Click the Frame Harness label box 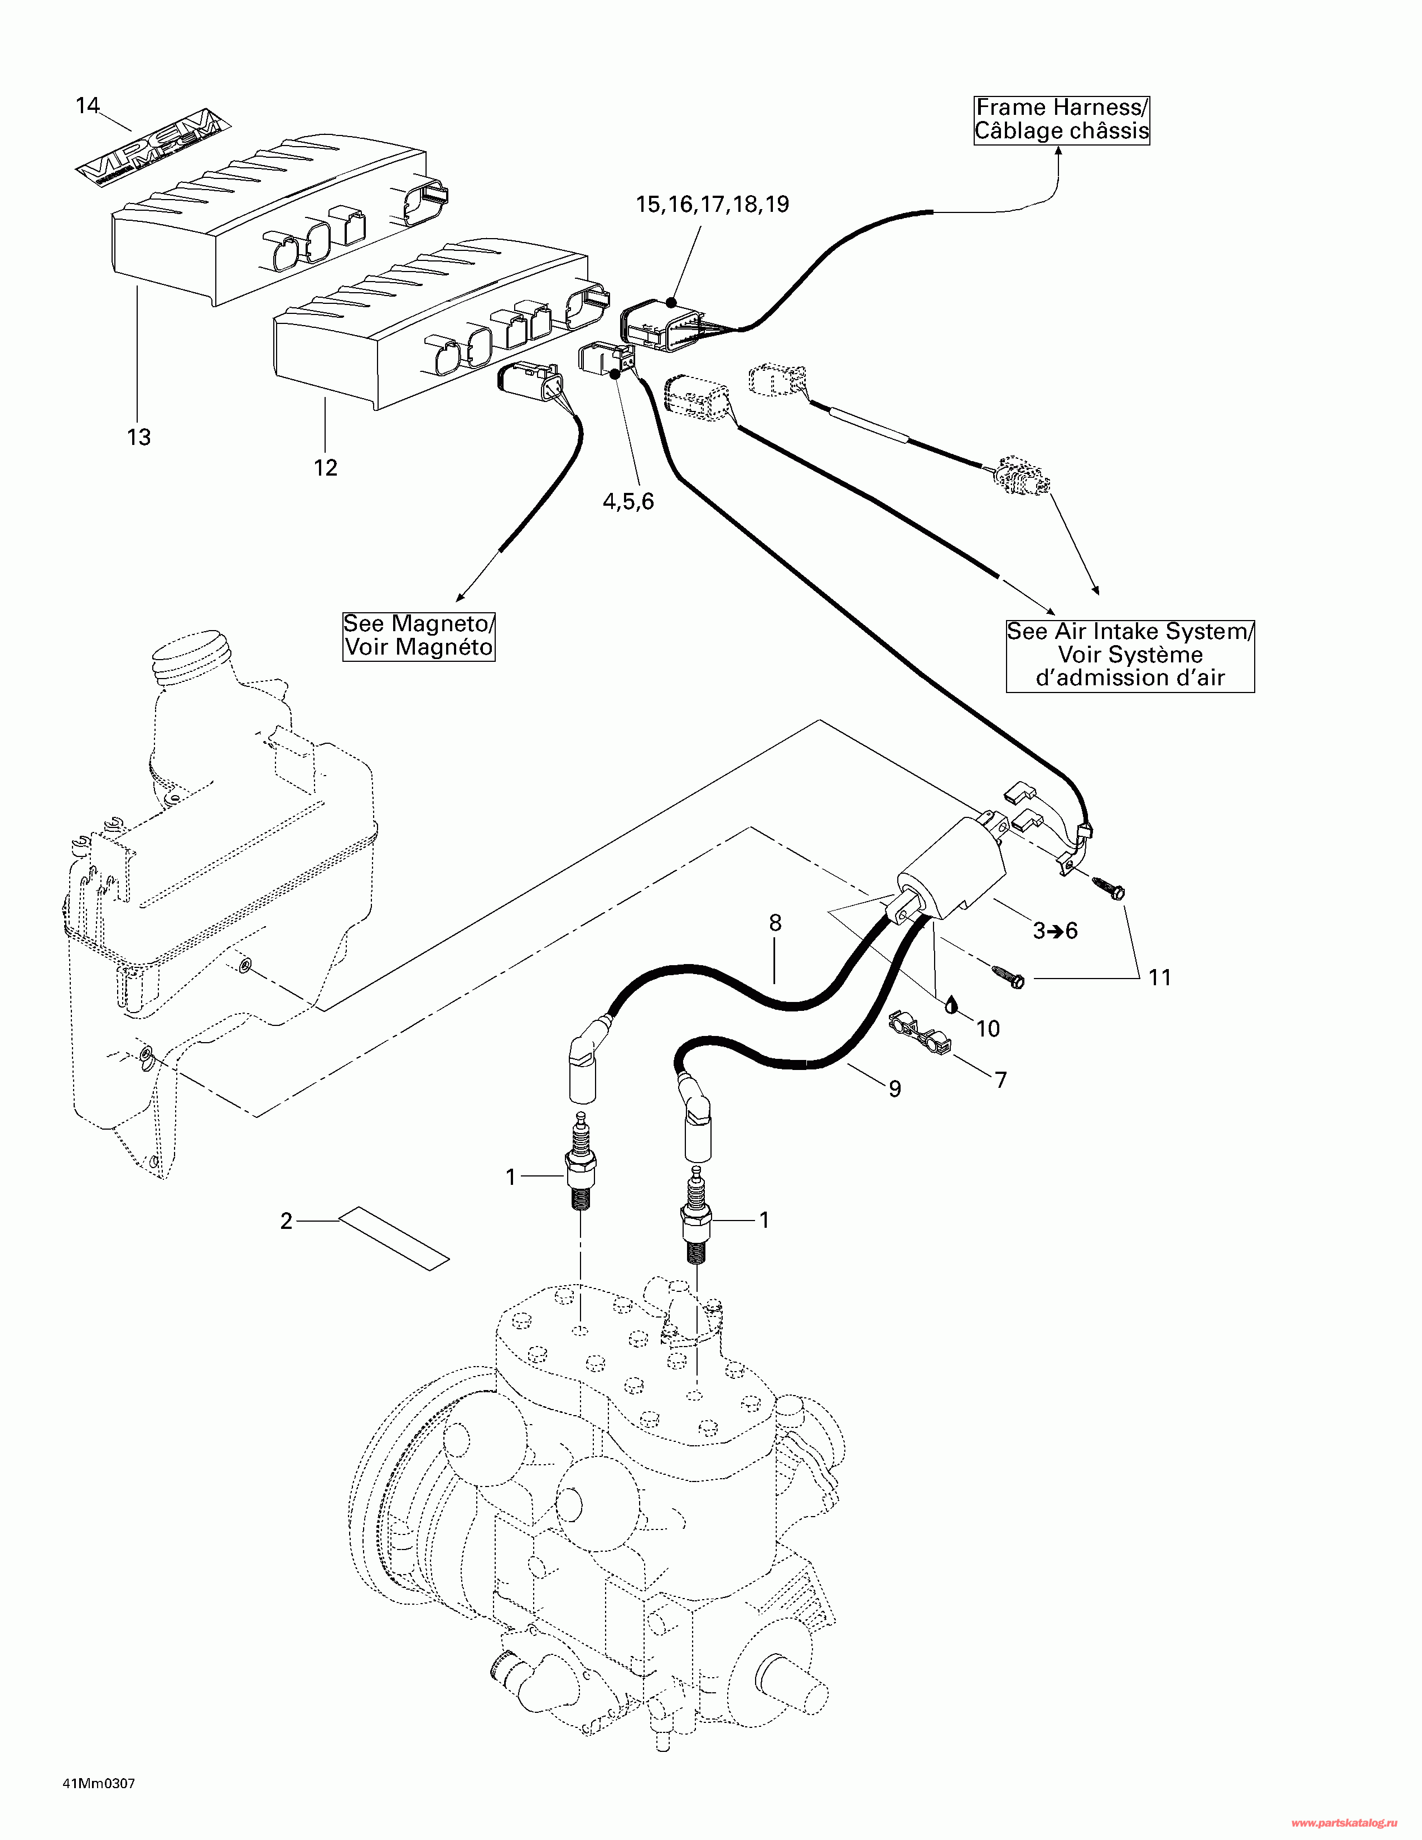tap(1061, 120)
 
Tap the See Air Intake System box tap(1130, 655)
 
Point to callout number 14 tap(88, 105)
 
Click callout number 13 tap(139, 437)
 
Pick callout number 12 tap(326, 468)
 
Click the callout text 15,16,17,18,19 tap(712, 205)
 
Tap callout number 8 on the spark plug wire tap(775, 923)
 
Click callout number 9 tap(894, 1090)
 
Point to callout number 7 tap(1001, 1080)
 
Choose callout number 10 tap(988, 1029)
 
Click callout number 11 tap(1160, 977)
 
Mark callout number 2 tap(287, 1221)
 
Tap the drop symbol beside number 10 tap(951, 1004)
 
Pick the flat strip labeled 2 tap(393, 1238)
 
